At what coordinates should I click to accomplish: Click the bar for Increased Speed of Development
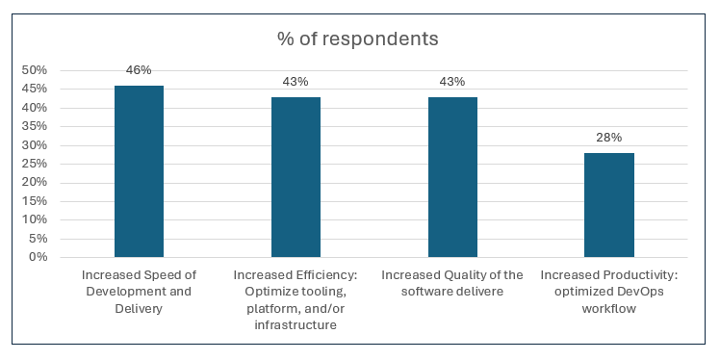pyautogui.click(x=139, y=171)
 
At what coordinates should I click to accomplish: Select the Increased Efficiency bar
pyautogui.click(x=296, y=177)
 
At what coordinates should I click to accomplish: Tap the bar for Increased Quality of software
pyautogui.click(x=451, y=177)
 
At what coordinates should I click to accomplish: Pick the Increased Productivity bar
pyautogui.click(x=608, y=205)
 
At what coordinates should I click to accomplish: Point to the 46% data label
pyautogui.click(x=139, y=70)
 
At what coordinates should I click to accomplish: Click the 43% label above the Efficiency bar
pyautogui.click(x=296, y=82)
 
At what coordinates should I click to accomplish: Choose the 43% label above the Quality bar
pyautogui.click(x=451, y=82)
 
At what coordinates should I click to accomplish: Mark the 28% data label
pyautogui.click(x=608, y=138)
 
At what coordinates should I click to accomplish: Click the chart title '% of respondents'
pyautogui.click(x=358, y=39)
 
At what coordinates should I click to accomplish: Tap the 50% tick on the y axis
pyautogui.click(x=34, y=70)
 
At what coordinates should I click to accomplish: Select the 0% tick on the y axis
pyautogui.click(x=38, y=257)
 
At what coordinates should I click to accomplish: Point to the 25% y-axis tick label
pyautogui.click(x=34, y=164)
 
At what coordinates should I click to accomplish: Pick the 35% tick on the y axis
pyautogui.click(x=34, y=126)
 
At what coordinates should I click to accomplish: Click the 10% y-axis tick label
pyautogui.click(x=34, y=219)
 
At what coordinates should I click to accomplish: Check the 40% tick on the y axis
pyautogui.click(x=34, y=108)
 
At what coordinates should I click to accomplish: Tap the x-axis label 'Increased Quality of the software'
pyautogui.click(x=451, y=283)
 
